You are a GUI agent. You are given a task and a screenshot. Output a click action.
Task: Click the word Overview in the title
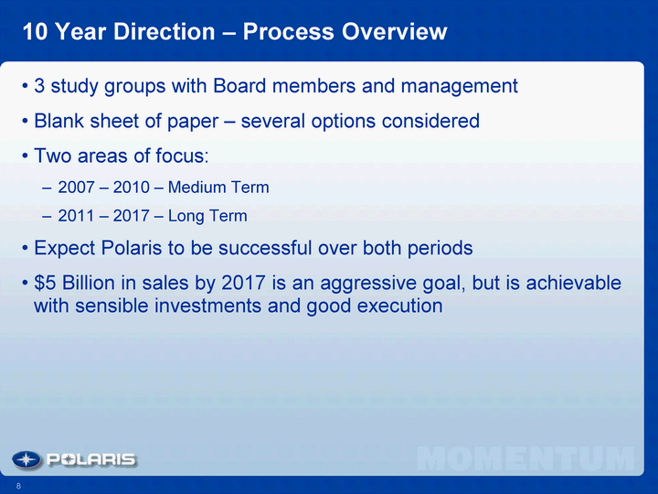[x=395, y=31]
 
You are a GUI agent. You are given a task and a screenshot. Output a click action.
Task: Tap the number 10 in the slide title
[x=36, y=31]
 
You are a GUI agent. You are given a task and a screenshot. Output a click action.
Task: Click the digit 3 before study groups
[x=39, y=86]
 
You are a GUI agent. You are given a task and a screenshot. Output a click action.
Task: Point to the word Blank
[x=58, y=121]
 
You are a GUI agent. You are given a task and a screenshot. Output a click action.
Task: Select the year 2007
[x=76, y=188]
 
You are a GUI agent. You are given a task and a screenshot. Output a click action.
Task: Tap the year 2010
[x=131, y=188]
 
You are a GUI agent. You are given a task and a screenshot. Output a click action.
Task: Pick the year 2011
[x=76, y=216]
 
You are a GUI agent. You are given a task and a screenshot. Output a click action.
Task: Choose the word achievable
[x=573, y=283]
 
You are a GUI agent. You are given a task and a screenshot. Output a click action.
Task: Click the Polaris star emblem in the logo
[x=27, y=460]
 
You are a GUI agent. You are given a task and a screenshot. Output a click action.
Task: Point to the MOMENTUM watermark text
[x=525, y=458]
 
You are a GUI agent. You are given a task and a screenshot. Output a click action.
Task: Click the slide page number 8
[x=18, y=486]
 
